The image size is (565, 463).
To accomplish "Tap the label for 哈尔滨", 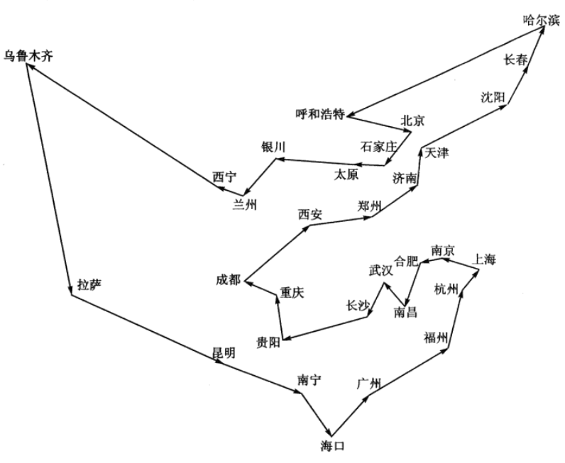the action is click(x=537, y=21).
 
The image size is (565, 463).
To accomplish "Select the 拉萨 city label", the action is click(x=89, y=284).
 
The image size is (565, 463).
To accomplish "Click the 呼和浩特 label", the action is click(x=320, y=113).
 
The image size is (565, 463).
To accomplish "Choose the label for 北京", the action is click(x=412, y=121).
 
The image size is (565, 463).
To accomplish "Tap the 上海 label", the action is click(x=484, y=260).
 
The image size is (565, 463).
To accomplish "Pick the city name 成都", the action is click(x=229, y=279).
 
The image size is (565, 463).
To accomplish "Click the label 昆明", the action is click(x=223, y=352).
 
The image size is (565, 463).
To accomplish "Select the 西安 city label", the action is click(x=309, y=213).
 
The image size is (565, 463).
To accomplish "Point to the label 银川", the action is click(x=273, y=147).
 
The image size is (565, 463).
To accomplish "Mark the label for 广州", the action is click(x=370, y=384).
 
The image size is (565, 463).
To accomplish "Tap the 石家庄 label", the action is click(x=377, y=147).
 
